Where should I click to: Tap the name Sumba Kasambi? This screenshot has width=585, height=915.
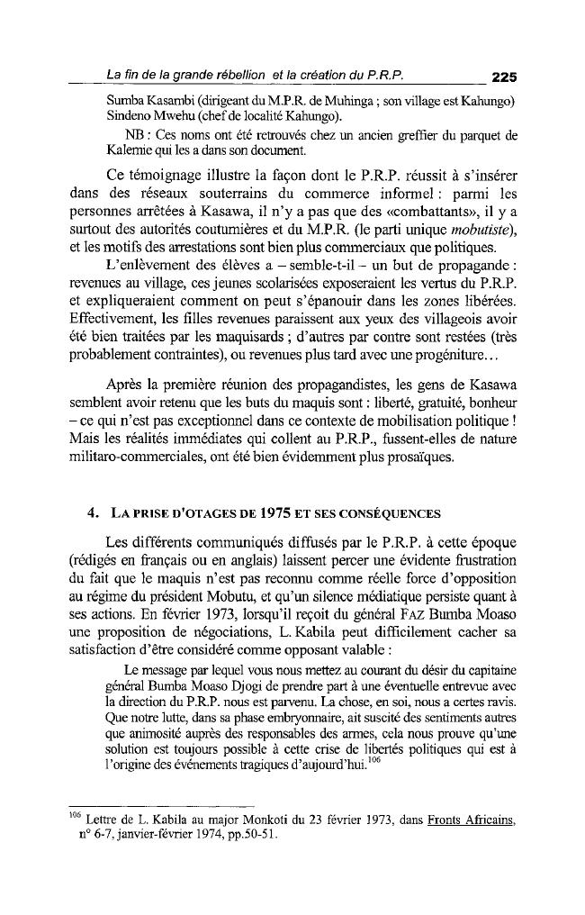click(142, 98)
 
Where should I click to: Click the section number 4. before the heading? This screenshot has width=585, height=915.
click(94, 513)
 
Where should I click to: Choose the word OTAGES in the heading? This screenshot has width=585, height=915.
click(193, 514)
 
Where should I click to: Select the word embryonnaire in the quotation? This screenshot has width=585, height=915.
click(296, 719)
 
